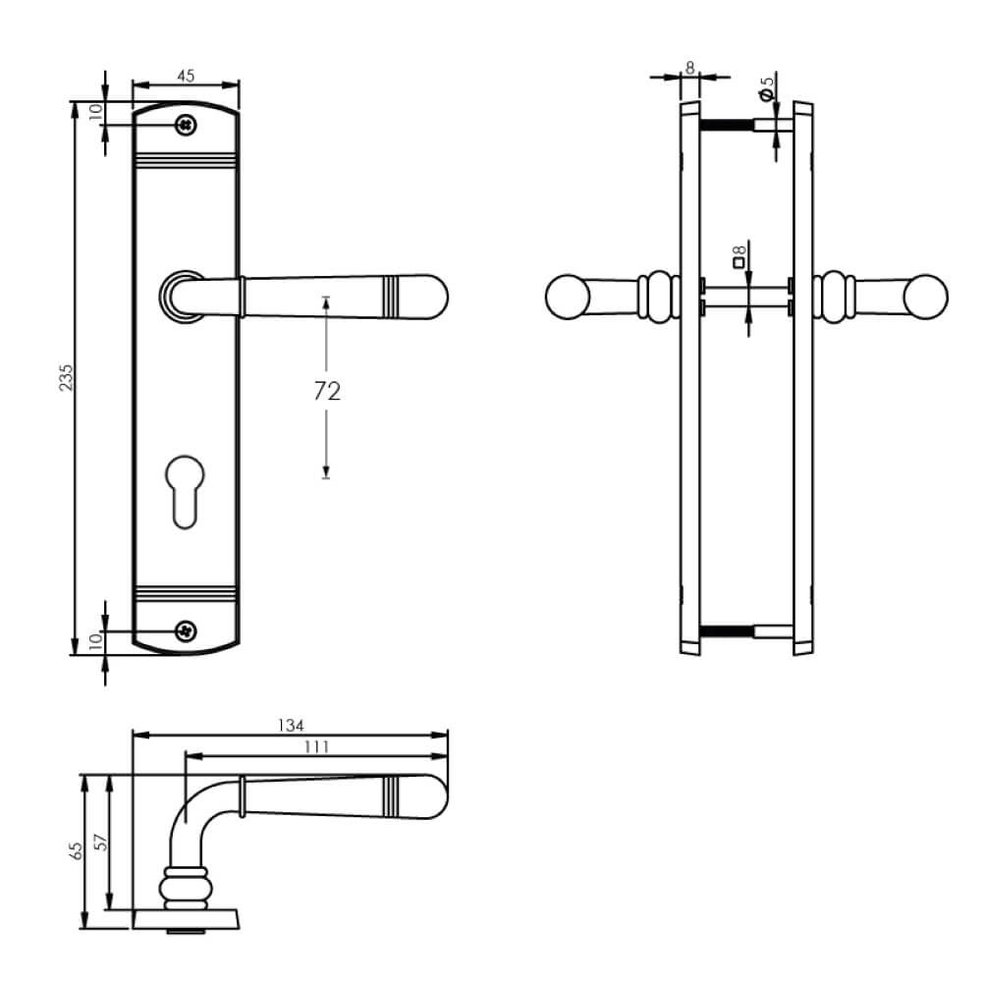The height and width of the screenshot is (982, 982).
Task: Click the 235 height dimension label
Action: [66, 380]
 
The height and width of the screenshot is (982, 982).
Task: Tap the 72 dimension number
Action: [327, 392]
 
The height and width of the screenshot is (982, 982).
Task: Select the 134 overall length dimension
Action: [290, 726]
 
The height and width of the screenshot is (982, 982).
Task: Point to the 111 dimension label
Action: [316, 747]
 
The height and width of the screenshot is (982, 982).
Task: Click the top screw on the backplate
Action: [185, 125]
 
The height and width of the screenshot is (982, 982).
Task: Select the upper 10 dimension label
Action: [95, 112]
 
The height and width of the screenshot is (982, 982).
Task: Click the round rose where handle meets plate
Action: [180, 297]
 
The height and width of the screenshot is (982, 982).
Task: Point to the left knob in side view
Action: [567, 298]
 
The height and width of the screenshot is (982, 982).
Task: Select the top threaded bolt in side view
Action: [726, 125]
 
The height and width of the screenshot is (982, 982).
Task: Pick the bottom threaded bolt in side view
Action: [726, 630]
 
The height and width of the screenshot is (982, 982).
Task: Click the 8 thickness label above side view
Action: [689, 67]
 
